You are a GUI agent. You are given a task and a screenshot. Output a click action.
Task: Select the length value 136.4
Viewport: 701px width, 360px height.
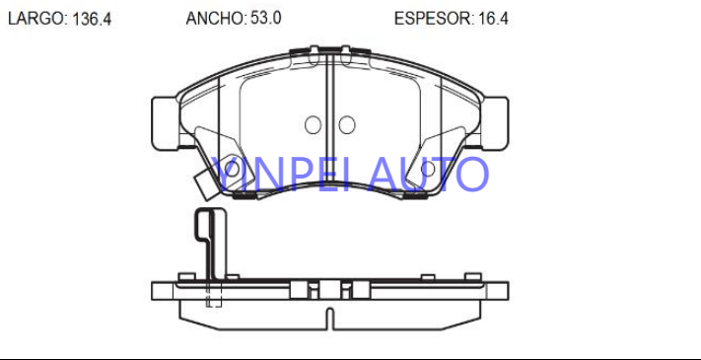[91, 19]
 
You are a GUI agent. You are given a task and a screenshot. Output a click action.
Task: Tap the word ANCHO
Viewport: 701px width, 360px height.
[214, 18]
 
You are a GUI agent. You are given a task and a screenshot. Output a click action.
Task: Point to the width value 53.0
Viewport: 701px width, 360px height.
[264, 18]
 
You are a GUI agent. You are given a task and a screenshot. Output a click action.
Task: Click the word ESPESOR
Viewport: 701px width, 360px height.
[432, 19]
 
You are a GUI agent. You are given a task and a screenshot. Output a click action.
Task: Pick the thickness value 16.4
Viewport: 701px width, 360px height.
[492, 19]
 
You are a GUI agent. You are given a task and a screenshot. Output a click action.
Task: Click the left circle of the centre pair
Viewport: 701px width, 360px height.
[313, 125]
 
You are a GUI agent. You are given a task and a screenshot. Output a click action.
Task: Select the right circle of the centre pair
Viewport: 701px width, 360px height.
[347, 125]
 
